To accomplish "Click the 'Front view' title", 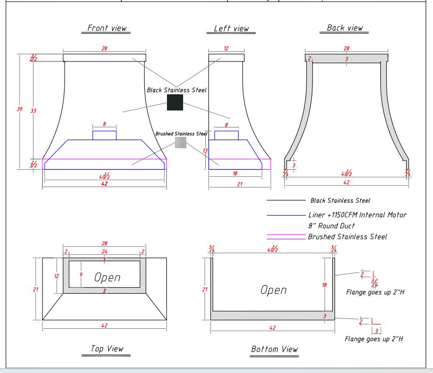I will click(108, 28).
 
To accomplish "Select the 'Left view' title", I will click(231, 29).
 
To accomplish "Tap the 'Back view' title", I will click(345, 28).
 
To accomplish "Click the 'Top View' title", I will click(107, 349).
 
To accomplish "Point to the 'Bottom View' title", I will click(274, 349).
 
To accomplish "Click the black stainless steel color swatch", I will click(174, 103).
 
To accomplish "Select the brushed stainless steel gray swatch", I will click(180, 142).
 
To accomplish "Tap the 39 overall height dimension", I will click(20, 109).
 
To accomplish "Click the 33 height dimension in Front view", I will click(33, 110).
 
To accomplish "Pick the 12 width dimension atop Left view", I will click(226, 49).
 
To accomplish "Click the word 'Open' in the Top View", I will click(107, 278).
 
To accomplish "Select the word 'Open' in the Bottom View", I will click(274, 290).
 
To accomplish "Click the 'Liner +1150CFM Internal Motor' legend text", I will click(357, 215).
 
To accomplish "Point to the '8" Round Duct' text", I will click(331, 226).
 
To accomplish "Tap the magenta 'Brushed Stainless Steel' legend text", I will click(347, 237).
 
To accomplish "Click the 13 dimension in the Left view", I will click(205, 150).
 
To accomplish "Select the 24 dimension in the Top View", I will click(104, 251).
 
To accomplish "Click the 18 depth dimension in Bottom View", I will click(324, 285).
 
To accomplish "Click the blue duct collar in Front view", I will click(104, 135).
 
